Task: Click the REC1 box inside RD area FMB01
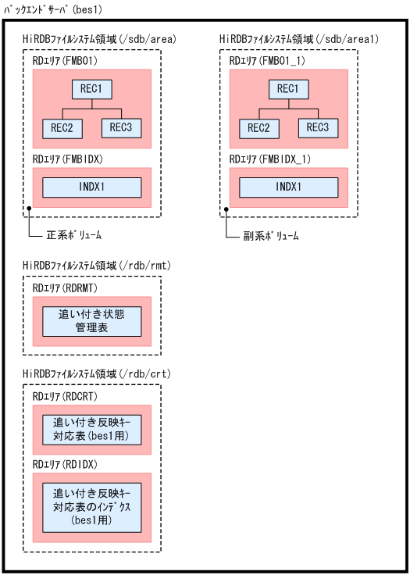[x=91, y=89]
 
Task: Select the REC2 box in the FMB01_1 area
[x=264, y=127]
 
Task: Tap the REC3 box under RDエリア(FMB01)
[x=121, y=127]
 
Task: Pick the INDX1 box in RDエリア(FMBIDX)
[x=91, y=187]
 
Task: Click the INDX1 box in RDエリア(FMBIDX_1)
[x=288, y=187]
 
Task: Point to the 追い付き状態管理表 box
[x=91, y=321]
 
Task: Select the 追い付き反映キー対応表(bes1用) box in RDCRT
[x=91, y=429]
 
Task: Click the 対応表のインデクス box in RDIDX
[x=91, y=506]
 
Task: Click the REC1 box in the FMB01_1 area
[x=288, y=89]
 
